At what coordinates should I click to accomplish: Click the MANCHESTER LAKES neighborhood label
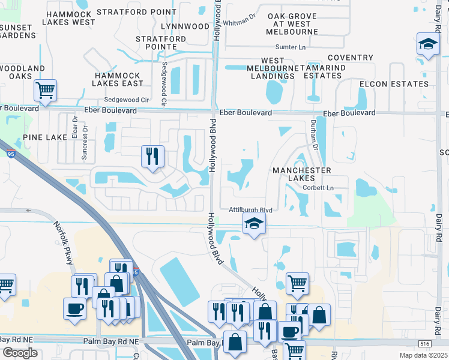click(302, 174)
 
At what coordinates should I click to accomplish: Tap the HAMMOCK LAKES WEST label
click(70, 18)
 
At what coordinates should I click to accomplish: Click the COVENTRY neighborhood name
click(350, 58)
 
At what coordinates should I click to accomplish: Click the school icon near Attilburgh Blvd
click(254, 224)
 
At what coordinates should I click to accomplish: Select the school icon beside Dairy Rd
click(428, 45)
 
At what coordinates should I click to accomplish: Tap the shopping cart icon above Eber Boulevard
click(45, 91)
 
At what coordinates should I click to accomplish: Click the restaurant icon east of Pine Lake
click(152, 157)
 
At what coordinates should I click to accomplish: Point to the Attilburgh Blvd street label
click(251, 210)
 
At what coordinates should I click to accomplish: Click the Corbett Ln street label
click(318, 188)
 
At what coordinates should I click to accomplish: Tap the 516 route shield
click(424, 343)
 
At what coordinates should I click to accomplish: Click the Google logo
click(20, 353)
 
